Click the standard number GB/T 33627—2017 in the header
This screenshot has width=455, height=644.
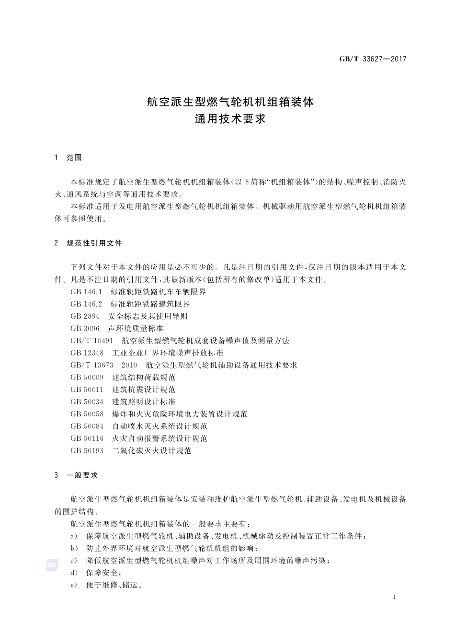pyautogui.click(x=373, y=59)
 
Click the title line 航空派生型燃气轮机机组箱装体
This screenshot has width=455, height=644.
pyautogui.click(x=230, y=102)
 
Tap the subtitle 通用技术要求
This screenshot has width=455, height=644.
pyautogui.click(x=230, y=119)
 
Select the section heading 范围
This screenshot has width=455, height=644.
pyautogui.click(x=74, y=158)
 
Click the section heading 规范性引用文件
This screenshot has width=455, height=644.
pyautogui.click(x=94, y=243)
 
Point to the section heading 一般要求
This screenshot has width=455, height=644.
pyautogui.click(x=82, y=475)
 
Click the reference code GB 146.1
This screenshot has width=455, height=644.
pyautogui.click(x=86, y=292)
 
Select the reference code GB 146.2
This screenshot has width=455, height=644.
pyautogui.click(x=86, y=304)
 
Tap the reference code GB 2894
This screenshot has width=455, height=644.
pyautogui.click(x=85, y=316)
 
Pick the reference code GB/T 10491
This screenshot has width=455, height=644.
pyautogui.click(x=91, y=341)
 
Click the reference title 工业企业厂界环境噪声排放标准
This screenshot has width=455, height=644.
pyautogui.click(x=168, y=353)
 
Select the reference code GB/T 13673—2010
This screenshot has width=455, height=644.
pyautogui.click(x=103, y=365)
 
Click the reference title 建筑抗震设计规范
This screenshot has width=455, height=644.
pyautogui.click(x=144, y=390)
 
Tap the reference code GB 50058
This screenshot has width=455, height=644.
pyautogui.click(x=87, y=414)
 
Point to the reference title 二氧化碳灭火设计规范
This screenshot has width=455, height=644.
pyautogui.click(x=152, y=450)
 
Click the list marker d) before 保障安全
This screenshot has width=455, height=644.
pyautogui.click(x=74, y=573)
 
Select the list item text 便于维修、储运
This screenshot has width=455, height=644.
pyautogui.click(x=114, y=585)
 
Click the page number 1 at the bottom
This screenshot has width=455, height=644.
pyautogui.click(x=394, y=597)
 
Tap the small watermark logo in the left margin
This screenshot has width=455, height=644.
pyautogui.click(x=52, y=565)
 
